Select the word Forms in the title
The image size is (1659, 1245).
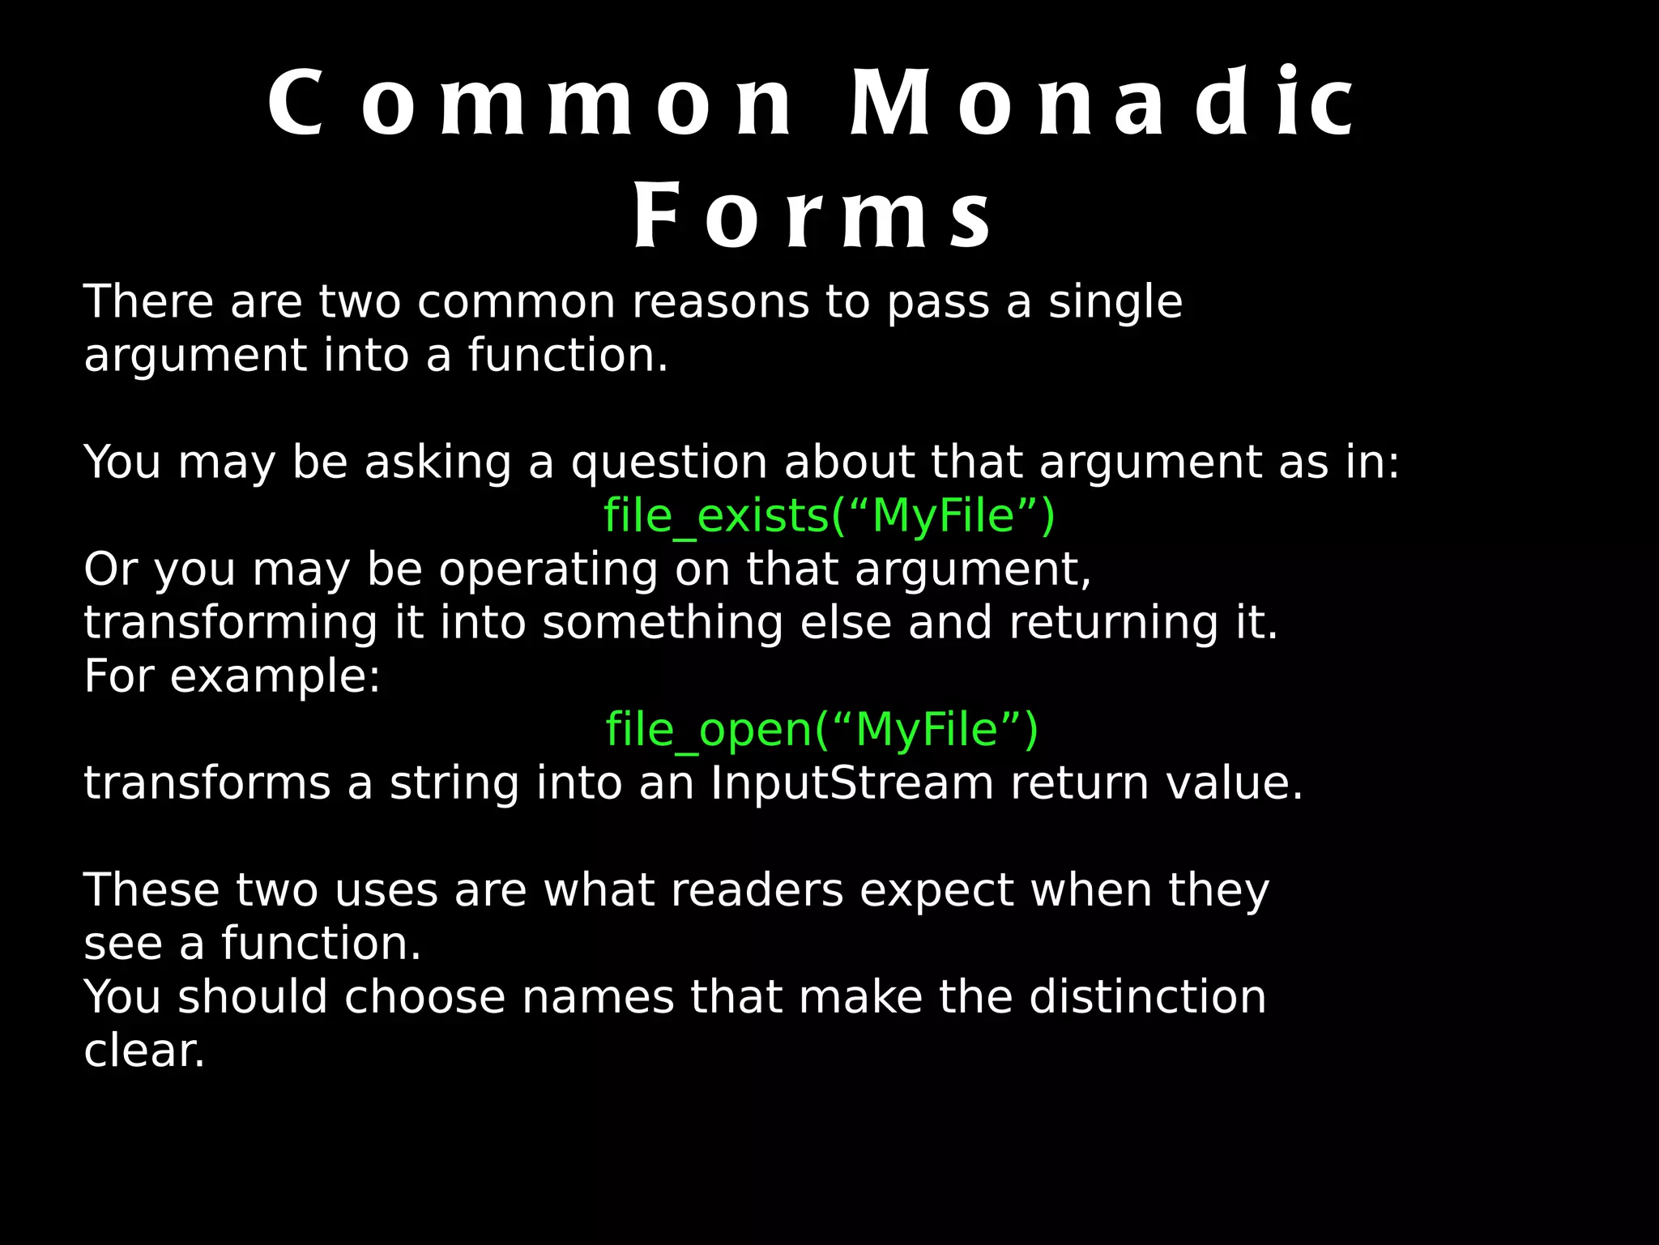812,217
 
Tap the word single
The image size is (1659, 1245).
1115,303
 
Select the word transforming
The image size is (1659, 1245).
231,624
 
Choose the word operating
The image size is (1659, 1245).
549,570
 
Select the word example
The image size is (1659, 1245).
275,677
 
